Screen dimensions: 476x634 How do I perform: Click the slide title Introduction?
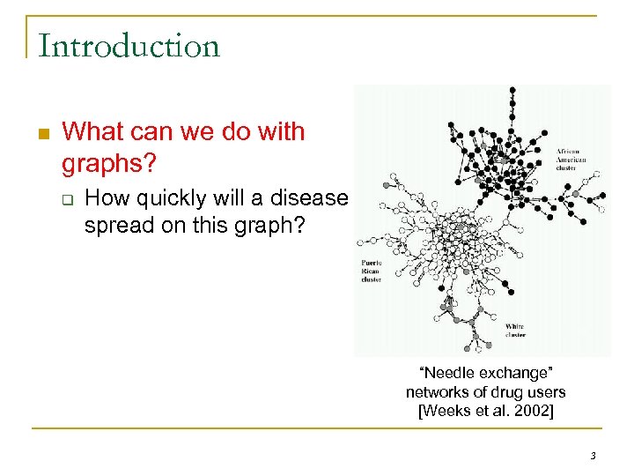pos(129,46)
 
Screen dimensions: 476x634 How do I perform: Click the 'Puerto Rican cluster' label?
pos(372,271)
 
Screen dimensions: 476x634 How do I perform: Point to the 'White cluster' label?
pos(515,331)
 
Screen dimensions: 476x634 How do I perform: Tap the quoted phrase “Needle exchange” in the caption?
pos(485,374)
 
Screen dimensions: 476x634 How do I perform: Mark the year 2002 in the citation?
pos(534,411)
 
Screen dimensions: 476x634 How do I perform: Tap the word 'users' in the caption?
pos(547,392)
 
